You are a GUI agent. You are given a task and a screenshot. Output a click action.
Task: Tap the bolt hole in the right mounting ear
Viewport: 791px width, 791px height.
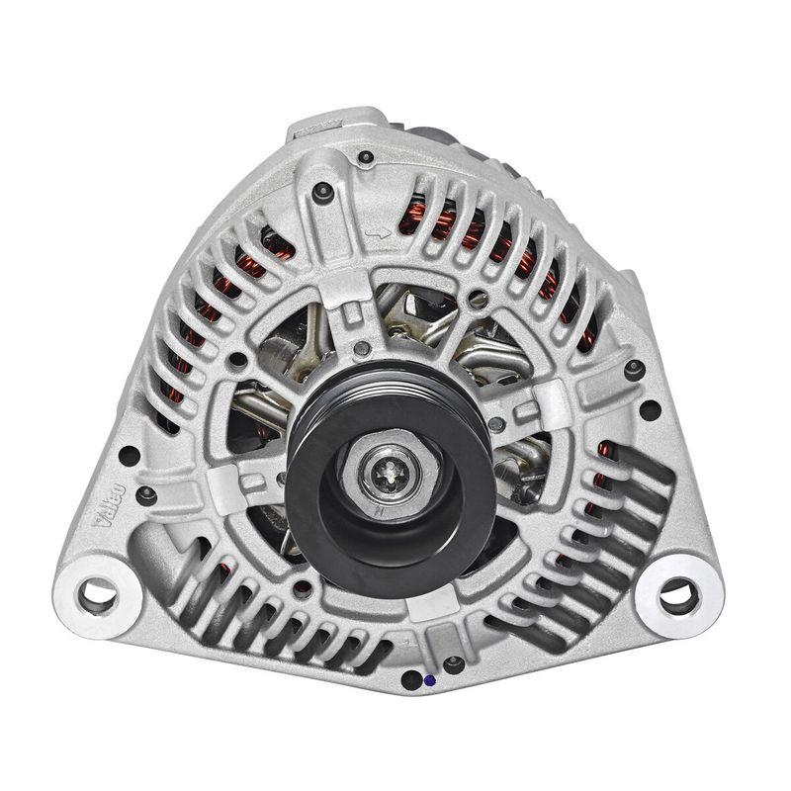[x=678, y=594]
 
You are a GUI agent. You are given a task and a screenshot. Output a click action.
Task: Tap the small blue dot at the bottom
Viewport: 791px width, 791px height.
[x=427, y=680]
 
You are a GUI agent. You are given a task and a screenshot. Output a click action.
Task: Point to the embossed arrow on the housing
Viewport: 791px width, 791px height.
[x=376, y=234]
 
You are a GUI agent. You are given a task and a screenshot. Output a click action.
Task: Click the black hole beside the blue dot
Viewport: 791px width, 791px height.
[x=410, y=680]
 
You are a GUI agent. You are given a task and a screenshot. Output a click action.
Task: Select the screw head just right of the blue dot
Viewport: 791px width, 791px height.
[x=453, y=664]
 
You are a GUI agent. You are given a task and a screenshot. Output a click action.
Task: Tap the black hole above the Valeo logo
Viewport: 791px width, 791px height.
[x=129, y=456]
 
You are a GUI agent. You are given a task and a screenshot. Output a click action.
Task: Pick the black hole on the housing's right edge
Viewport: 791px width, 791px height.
[x=651, y=408]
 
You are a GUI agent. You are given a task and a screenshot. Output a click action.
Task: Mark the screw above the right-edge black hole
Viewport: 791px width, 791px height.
[x=634, y=369]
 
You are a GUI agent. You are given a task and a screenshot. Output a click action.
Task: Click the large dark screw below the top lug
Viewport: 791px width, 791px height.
[x=322, y=192]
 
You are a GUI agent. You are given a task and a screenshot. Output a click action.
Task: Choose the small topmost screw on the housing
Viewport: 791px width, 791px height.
[x=366, y=156]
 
